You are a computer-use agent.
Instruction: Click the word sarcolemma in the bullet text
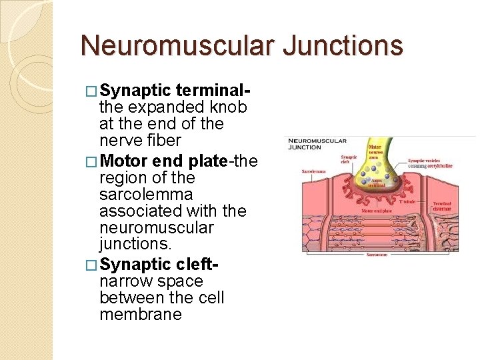[146, 195]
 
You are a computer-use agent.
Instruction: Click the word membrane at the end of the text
[140, 315]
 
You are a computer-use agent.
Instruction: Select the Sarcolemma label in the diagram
[313, 171]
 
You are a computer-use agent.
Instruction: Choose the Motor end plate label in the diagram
[377, 211]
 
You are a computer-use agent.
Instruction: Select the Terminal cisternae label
[442, 206]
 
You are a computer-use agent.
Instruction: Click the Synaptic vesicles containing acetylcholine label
[431, 163]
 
